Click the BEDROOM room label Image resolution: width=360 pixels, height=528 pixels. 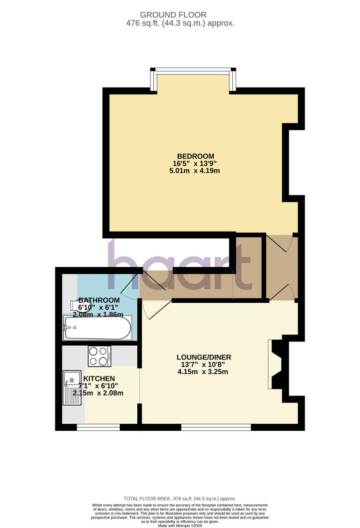tap(195, 156)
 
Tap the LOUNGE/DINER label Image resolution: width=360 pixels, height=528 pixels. tap(204, 357)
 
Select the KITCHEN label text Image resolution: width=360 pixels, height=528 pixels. tap(99, 378)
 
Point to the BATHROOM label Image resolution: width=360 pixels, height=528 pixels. tap(99, 300)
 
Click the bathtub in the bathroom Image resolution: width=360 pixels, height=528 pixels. tap(97, 328)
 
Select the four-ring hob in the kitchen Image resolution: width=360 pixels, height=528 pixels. tap(99, 356)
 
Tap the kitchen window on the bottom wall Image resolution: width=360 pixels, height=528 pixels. tap(98, 427)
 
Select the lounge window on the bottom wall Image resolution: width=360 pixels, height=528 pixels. tap(216, 427)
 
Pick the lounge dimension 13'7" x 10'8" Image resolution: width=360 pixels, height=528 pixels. tap(204, 364)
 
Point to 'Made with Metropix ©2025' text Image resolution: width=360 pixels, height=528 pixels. tap(180, 525)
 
